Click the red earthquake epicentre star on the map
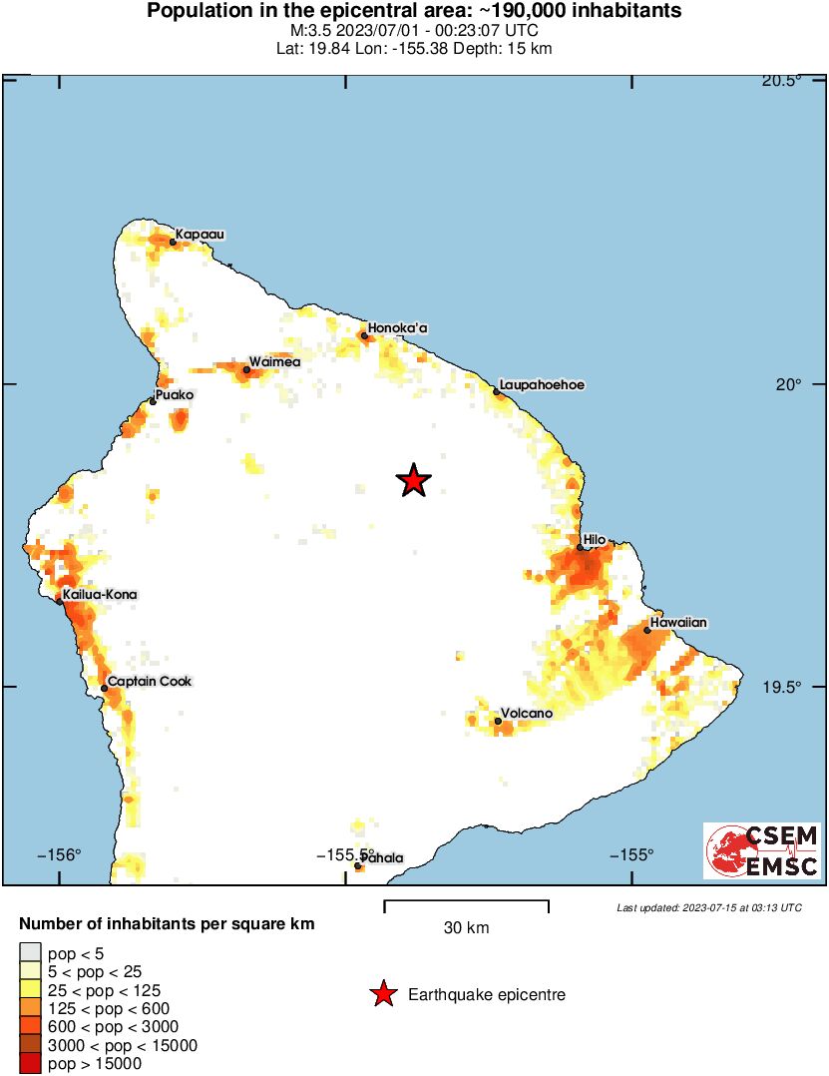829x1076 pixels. (x=413, y=480)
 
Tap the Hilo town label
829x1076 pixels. (x=595, y=540)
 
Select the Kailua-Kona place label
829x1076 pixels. (x=99, y=595)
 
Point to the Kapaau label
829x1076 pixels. (x=201, y=235)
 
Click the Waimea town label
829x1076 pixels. (x=274, y=362)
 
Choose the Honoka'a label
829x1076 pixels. (x=397, y=327)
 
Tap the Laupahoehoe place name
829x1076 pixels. (x=542, y=384)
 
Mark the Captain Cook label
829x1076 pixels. (x=150, y=682)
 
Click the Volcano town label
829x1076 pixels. (x=526, y=714)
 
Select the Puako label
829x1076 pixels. (x=176, y=395)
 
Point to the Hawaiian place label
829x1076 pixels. (x=678, y=623)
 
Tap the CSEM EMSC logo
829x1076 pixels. (x=762, y=850)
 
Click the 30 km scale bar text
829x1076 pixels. (x=466, y=928)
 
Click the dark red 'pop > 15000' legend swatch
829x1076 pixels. (x=30, y=1064)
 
